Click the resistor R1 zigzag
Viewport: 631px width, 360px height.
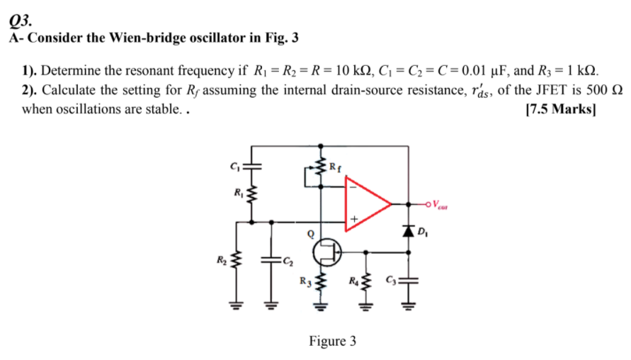[x=250, y=196]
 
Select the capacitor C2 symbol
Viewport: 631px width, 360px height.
[x=270, y=261]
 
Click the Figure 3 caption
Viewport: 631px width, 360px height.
[x=332, y=342]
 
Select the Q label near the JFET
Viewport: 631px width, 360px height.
[x=309, y=231]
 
